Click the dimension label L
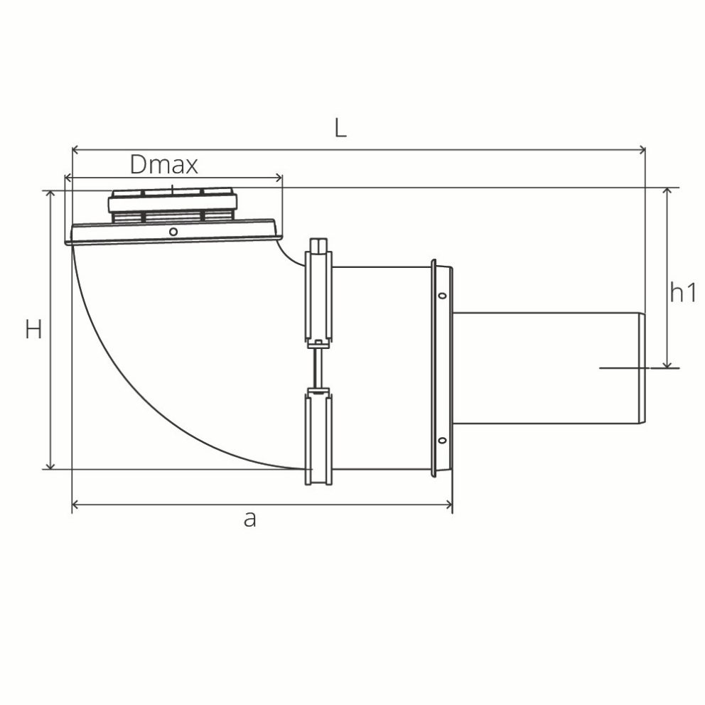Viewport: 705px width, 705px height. click(341, 128)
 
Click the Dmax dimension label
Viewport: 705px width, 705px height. click(163, 165)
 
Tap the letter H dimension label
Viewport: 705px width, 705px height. click(33, 329)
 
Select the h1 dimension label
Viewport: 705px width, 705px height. click(683, 292)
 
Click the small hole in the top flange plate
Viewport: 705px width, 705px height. click(173, 231)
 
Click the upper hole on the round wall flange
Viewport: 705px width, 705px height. click(441, 296)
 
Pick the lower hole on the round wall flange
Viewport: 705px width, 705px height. click(441, 441)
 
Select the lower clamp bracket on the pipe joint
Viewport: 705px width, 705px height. click(318, 437)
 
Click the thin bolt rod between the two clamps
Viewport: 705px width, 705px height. click(318, 366)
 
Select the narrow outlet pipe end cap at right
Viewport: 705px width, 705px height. click(641, 368)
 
